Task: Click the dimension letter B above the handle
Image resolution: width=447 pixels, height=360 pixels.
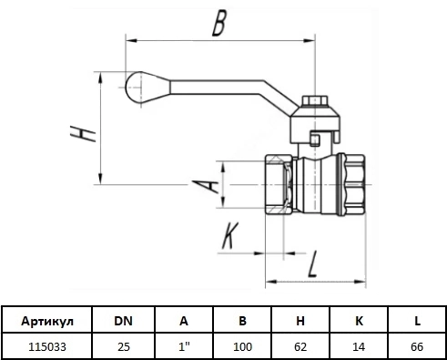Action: coord(219,24)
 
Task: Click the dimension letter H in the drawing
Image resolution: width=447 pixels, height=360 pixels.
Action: coord(83,133)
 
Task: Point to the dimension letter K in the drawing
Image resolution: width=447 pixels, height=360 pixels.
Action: coord(230,236)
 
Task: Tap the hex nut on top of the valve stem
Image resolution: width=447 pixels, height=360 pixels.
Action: coord(315,100)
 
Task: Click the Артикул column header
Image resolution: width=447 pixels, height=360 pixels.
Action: coord(47,321)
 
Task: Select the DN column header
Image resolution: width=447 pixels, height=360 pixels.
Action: coord(124,321)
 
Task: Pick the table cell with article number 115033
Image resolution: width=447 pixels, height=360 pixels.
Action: coord(47,346)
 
